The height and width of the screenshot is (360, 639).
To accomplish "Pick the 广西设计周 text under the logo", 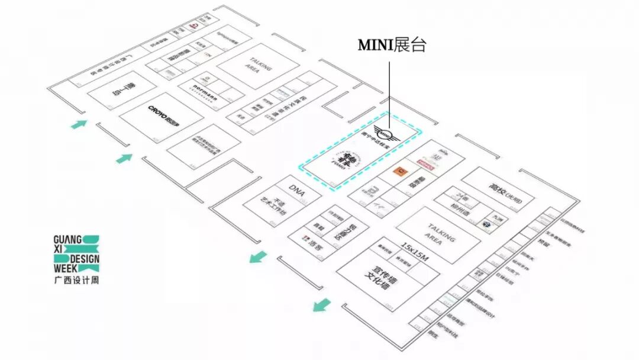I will [x=76, y=280].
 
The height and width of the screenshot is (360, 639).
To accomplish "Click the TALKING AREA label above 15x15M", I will [x=440, y=232].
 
